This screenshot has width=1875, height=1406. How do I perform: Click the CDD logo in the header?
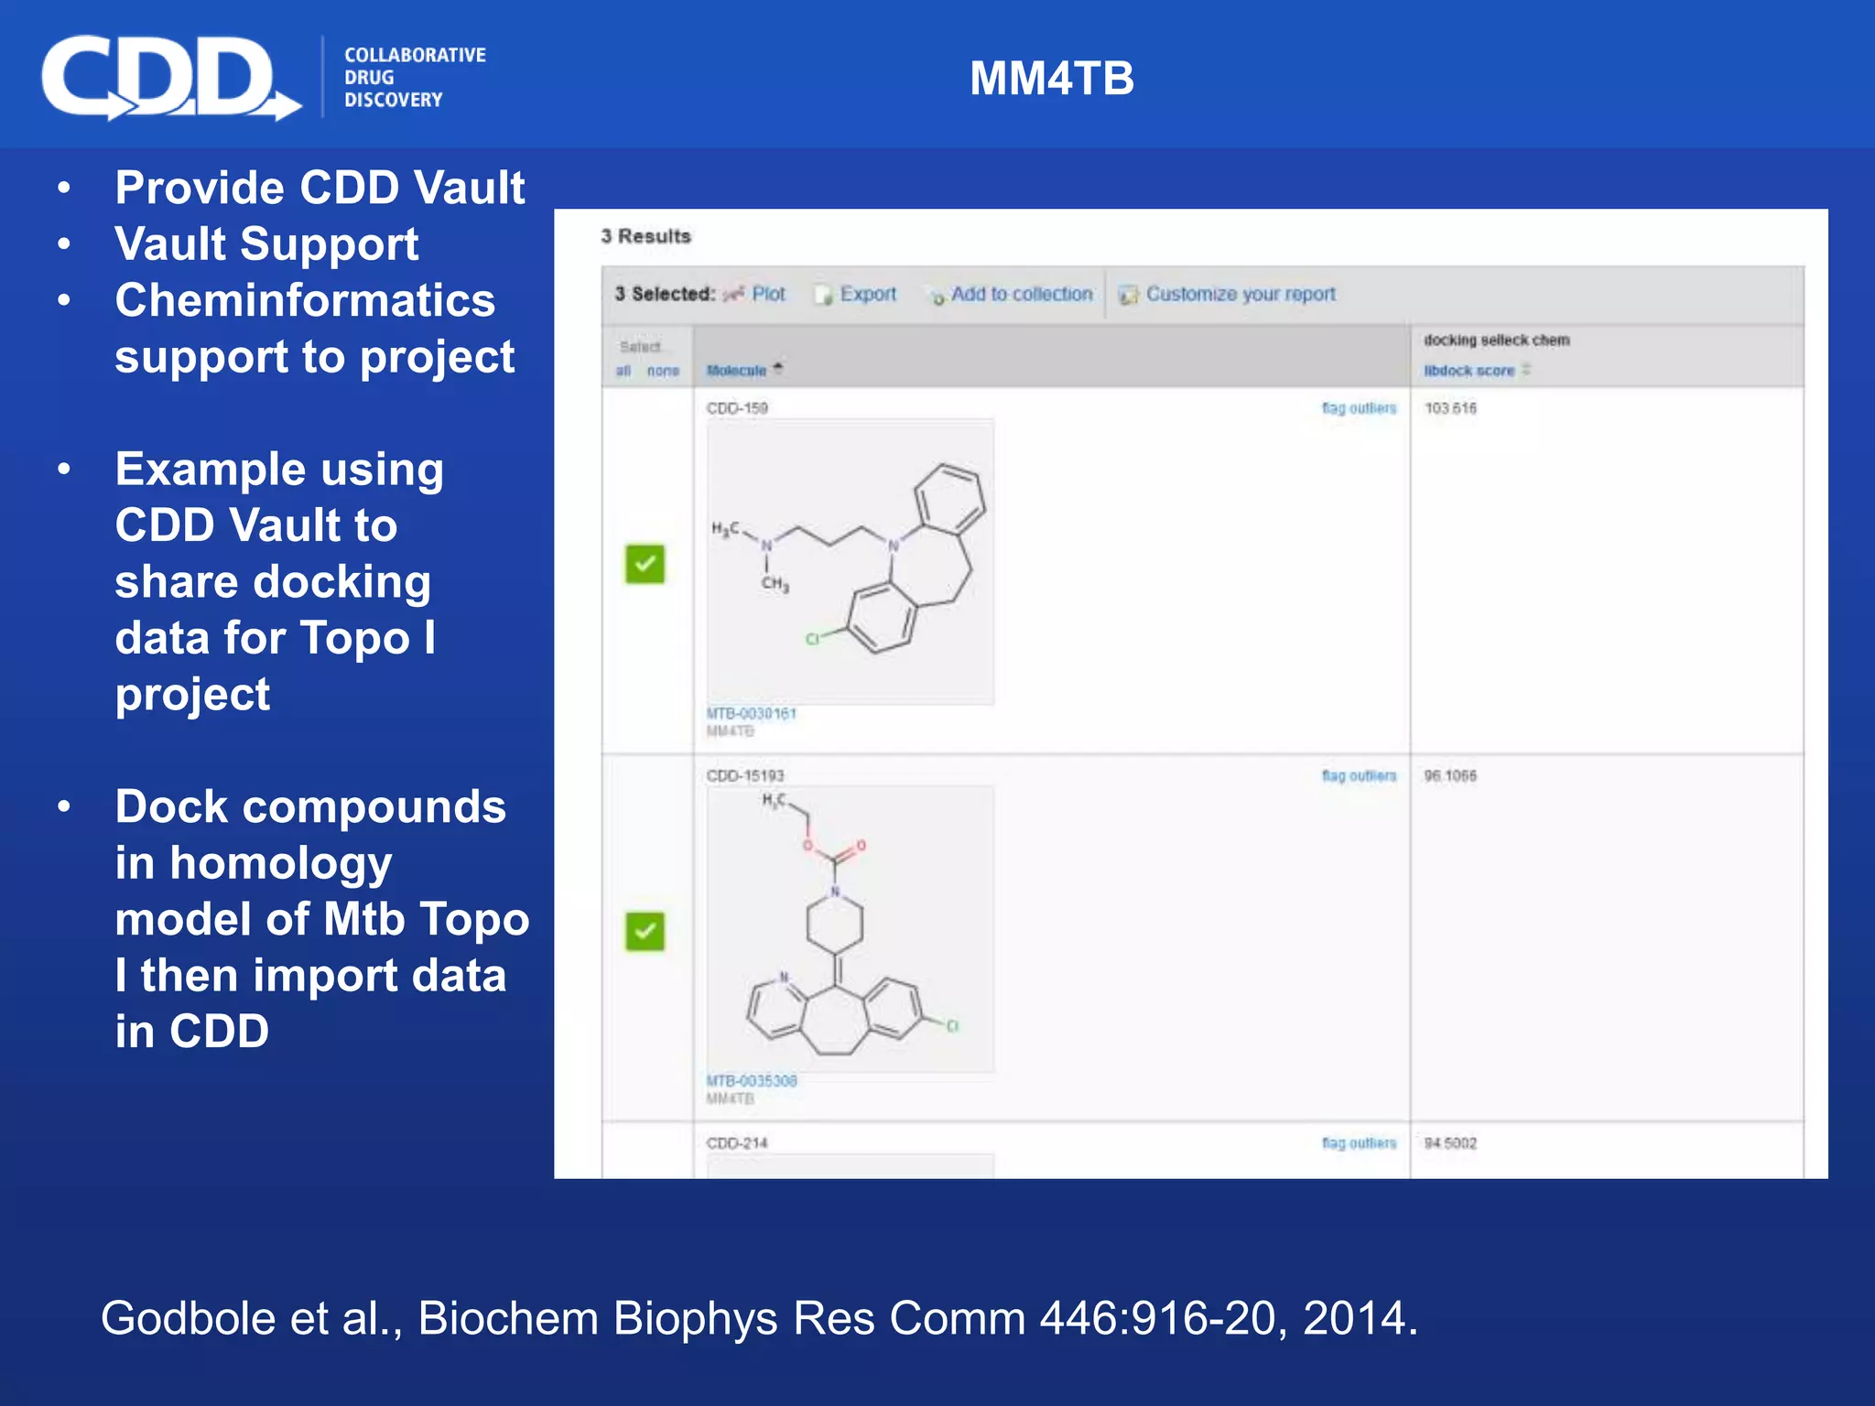pyautogui.click(x=169, y=78)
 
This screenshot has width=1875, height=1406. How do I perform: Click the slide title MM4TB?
pyautogui.click(x=1051, y=79)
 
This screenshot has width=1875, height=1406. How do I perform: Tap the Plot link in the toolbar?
pyautogui.click(x=767, y=294)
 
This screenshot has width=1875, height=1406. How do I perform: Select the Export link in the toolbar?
pyautogui.click(x=867, y=294)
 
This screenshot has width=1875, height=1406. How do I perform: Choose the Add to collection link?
pyautogui.click(x=1021, y=294)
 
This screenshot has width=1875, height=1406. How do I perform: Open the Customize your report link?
pyautogui.click(x=1240, y=294)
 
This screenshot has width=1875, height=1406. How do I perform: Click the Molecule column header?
pyautogui.click(x=736, y=370)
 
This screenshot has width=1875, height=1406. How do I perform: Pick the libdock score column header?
pyautogui.click(x=1469, y=370)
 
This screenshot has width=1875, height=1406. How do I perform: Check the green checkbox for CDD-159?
pyautogui.click(x=645, y=564)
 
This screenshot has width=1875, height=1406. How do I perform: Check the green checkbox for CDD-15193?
pyautogui.click(x=645, y=932)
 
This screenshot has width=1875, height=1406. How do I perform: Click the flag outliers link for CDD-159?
pyautogui.click(x=1359, y=408)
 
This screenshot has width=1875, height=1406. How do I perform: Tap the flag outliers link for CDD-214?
pyautogui.click(x=1359, y=1142)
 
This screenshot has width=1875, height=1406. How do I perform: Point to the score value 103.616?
pyautogui.click(x=1450, y=408)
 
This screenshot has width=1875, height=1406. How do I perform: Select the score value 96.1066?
pyautogui.click(x=1450, y=776)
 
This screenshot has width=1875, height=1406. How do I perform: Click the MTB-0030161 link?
pyautogui.click(x=752, y=713)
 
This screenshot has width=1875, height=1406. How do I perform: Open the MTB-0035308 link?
pyautogui.click(x=752, y=1080)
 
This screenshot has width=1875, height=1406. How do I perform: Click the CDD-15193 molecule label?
pyautogui.click(x=745, y=776)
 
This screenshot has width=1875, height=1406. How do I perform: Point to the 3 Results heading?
pyautogui.click(x=645, y=236)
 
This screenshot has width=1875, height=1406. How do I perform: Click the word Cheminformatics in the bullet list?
pyautogui.click(x=305, y=300)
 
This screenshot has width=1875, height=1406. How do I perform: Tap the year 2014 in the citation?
pyautogui.click(x=1358, y=1318)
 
